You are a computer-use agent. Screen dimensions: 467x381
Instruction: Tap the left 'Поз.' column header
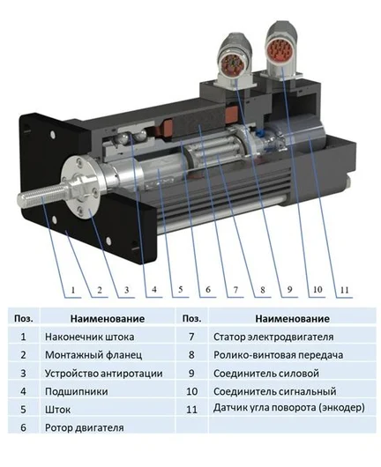pyautogui.click(x=24, y=318)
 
